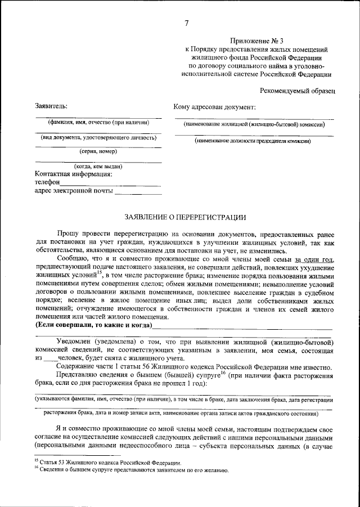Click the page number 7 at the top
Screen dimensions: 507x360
pos(186,23)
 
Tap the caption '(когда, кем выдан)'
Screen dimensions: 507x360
pos(98,167)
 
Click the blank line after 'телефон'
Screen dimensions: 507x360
pos(110,183)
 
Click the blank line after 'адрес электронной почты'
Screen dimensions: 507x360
pos(137,192)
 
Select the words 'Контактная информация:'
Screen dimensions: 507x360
pos(74,174)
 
